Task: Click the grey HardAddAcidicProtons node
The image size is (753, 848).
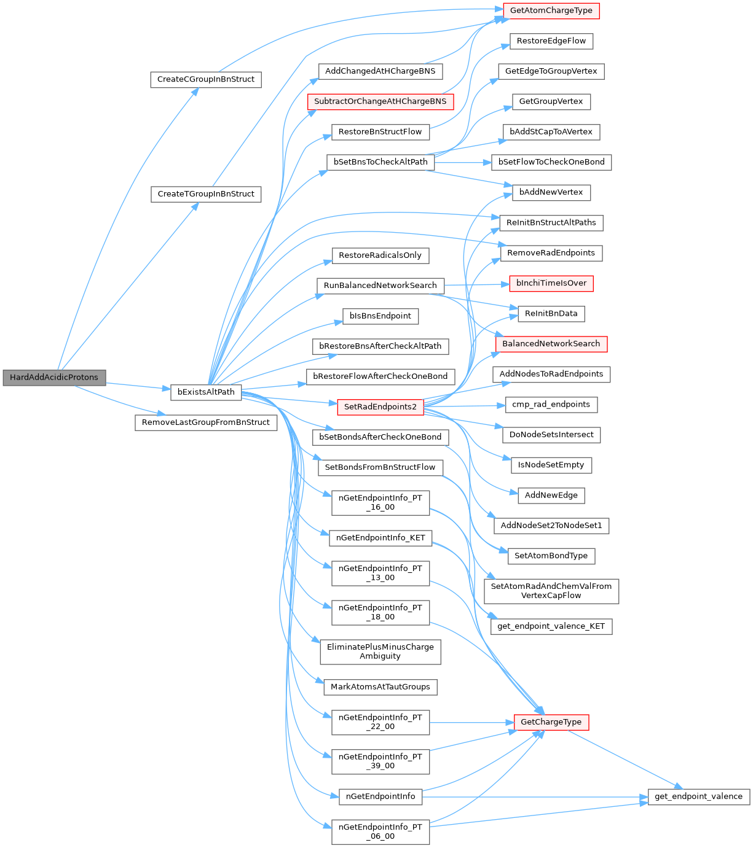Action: [x=54, y=377]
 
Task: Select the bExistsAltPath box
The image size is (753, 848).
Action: [x=206, y=392]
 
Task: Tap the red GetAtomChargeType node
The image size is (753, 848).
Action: [x=551, y=10]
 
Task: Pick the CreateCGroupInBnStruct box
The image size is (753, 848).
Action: [x=206, y=80]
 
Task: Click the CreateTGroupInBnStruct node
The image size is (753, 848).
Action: [x=206, y=194]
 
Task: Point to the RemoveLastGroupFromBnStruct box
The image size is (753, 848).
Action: [x=206, y=422]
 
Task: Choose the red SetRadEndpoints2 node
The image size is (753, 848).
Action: [x=380, y=407]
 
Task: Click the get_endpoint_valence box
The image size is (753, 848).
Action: [x=698, y=796]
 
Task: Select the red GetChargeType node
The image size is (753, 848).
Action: [x=551, y=722]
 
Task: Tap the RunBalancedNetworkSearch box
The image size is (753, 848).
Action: [x=380, y=286]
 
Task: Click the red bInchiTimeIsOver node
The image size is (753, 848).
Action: [x=551, y=283]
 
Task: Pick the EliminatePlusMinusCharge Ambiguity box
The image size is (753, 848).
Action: [x=380, y=652]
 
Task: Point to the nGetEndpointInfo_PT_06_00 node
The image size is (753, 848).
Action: [x=380, y=831]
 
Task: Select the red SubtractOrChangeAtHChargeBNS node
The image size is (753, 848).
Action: [x=380, y=102]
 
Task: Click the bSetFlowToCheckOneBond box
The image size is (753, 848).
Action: [x=551, y=162]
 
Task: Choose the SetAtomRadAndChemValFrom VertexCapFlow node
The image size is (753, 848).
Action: [x=551, y=591]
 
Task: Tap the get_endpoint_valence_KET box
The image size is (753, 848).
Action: [x=551, y=626]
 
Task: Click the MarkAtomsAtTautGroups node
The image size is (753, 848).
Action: [x=380, y=687]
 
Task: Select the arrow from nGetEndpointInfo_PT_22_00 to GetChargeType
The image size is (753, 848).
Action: [x=472, y=723]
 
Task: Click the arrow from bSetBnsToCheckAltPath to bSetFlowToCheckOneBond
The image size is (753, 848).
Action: [x=463, y=162]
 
